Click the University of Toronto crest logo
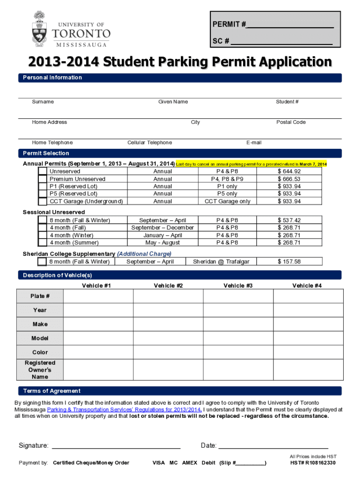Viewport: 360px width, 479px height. click(x=40, y=29)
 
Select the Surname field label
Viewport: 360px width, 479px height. click(x=43, y=102)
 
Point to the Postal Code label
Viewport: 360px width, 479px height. click(x=291, y=122)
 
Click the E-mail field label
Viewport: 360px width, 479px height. click(x=253, y=143)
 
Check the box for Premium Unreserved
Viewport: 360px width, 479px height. click(x=42, y=179)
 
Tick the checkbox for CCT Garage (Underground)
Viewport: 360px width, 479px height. click(x=42, y=202)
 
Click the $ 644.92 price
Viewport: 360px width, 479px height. click(x=289, y=172)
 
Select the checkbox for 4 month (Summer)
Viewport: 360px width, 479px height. click(x=42, y=243)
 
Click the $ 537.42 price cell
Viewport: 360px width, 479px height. click(x=289, y=220)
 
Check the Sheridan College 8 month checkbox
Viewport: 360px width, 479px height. click(x=42, y=262)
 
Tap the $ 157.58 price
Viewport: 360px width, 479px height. click(x=289, y=262)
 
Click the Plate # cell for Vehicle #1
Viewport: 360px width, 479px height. click(x=98, y=296)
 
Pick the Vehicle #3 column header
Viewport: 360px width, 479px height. click(x=238, y=285)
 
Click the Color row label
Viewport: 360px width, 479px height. click(x=40, y=352)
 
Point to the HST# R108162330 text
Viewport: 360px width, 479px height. click(x=313, y=463)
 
